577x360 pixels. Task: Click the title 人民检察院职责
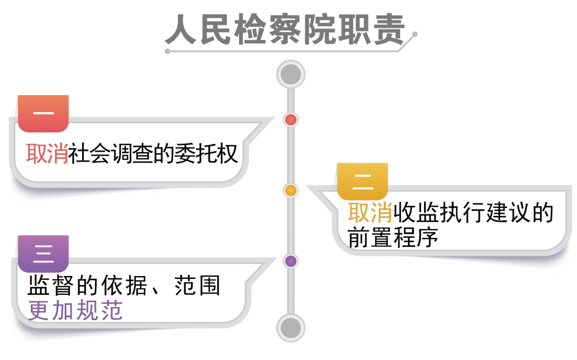[284, 30]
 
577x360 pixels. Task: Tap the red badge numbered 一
[43, 113]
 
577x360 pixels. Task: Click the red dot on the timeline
[291, 120]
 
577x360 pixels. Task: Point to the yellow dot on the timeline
[291, 190]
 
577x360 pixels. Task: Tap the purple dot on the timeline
[291, 261]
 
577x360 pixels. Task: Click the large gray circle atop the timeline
[291, 74]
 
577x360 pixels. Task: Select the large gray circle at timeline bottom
[291, 327]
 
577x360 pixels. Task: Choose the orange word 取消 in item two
[370, 214]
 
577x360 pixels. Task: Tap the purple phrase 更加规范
[75, 311]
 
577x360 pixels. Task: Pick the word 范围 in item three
[197, 287]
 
